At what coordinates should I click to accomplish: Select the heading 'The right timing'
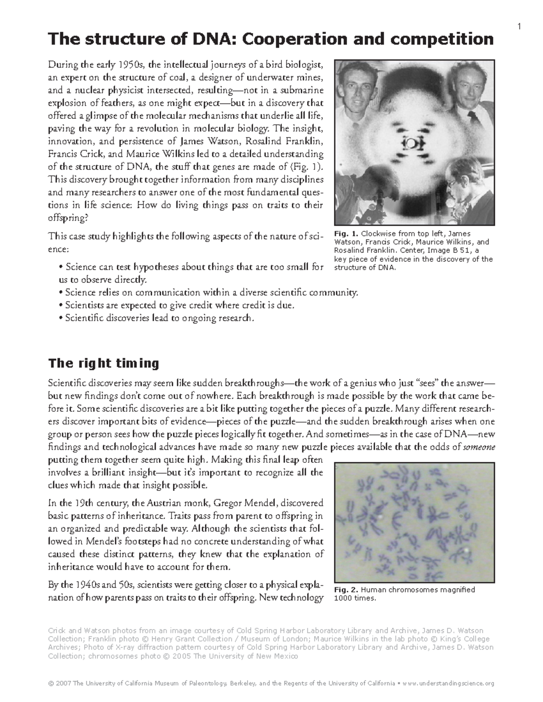[x=104, y=363]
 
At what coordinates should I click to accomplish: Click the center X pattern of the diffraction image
[x=414, y=144]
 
